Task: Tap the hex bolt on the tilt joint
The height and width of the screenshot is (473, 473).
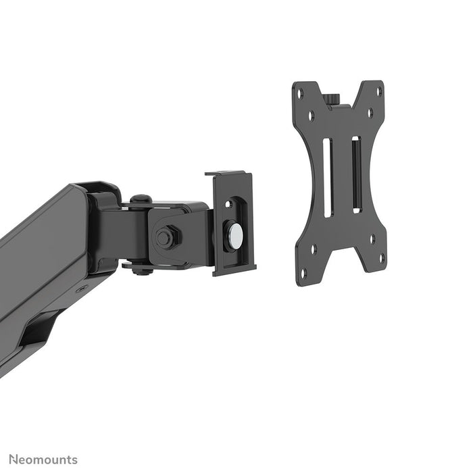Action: (164, 238)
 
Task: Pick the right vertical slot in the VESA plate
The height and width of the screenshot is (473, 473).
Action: (356, 175)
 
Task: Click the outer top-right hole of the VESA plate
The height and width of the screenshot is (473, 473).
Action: (378, 91)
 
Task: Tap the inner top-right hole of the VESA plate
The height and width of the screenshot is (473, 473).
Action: (370, 113)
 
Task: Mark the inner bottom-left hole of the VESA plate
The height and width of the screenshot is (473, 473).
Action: (313, 248)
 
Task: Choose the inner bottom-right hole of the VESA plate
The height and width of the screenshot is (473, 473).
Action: (371, 238)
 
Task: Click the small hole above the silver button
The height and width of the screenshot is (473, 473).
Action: (229, 203)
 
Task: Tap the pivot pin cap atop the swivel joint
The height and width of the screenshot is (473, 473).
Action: (141, 199)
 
